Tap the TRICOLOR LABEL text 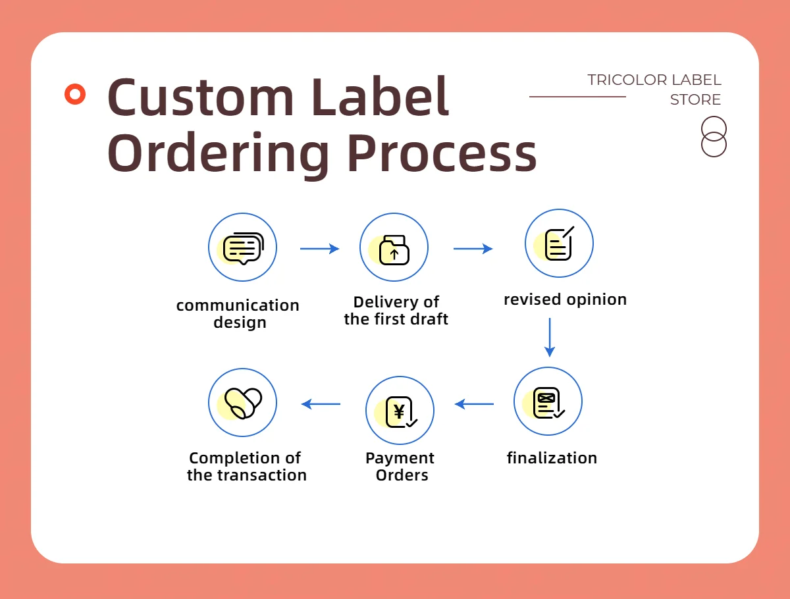point(654,80)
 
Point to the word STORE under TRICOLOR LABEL point(695,99)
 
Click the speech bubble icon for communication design point(244,248)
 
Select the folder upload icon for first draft point(394,249)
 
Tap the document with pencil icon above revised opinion point(560,243)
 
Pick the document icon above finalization point(548,403)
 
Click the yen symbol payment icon point(401,412)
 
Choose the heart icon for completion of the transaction point(244,403)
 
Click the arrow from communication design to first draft point(319,249)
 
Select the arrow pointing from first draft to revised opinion point(473,249)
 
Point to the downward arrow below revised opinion point(550,337)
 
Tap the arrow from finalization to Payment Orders point(474,404)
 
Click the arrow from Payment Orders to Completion point(321,404)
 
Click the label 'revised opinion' point(565,299)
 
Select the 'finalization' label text point(552,458)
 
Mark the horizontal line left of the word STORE point(577,96)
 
